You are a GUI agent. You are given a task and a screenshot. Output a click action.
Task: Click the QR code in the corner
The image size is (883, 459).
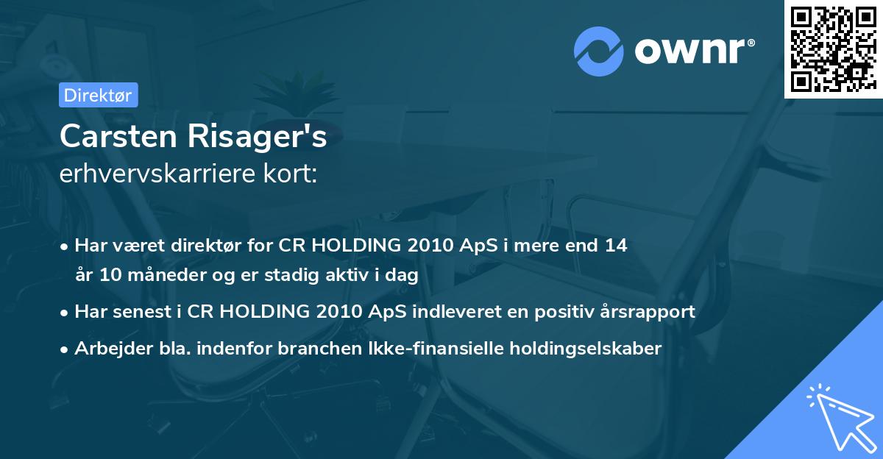833,49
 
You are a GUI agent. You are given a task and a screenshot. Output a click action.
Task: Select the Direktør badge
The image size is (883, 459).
97,95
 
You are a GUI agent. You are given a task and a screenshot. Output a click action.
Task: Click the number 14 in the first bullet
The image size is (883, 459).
616,246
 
